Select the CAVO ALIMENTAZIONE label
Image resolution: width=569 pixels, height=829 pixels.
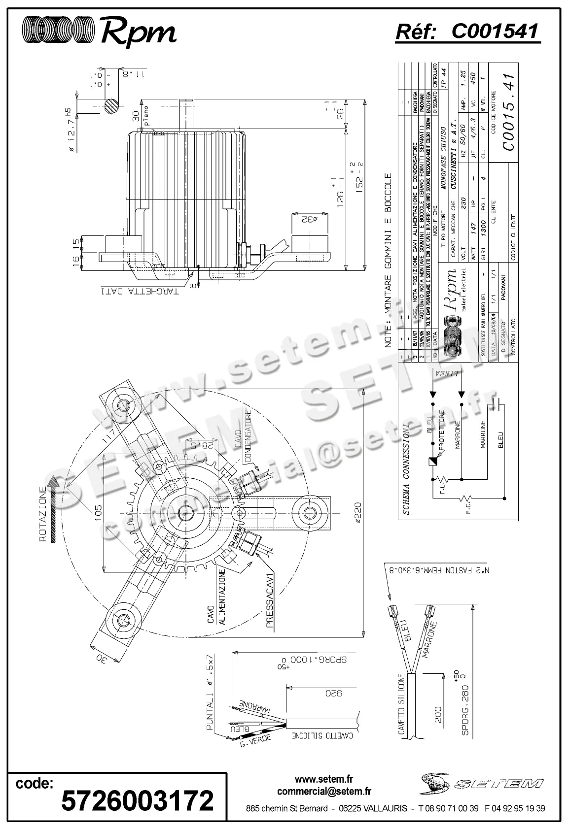pos(216,597)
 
